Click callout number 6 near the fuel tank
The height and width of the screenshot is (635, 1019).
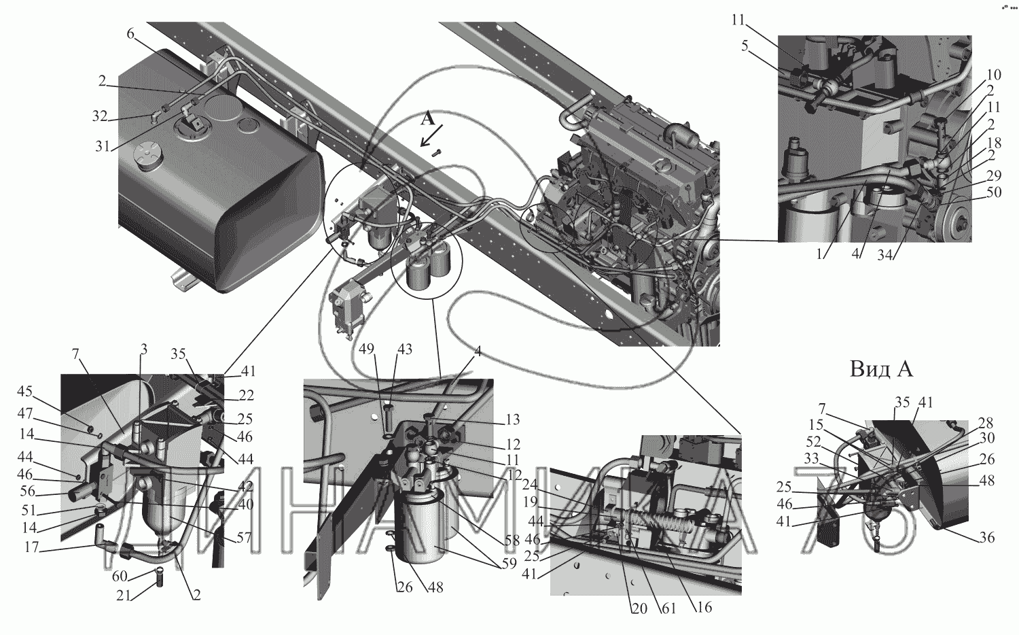130,33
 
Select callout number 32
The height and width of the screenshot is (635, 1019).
99,116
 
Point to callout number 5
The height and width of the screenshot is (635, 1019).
745,46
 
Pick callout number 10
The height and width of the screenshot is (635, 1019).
994,74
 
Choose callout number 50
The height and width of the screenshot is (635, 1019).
994,192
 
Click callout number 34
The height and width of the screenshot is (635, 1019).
884,256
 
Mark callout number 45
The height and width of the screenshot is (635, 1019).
25,391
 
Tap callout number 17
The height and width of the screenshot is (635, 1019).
32,547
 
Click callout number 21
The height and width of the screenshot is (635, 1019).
124,596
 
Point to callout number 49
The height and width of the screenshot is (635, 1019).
367,349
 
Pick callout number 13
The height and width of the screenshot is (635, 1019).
513,419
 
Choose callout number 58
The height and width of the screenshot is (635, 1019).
512,540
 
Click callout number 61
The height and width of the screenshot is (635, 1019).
668,608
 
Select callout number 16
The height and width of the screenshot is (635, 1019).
704,606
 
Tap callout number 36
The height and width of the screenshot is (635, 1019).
986,538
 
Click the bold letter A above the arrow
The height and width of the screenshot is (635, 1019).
427,119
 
